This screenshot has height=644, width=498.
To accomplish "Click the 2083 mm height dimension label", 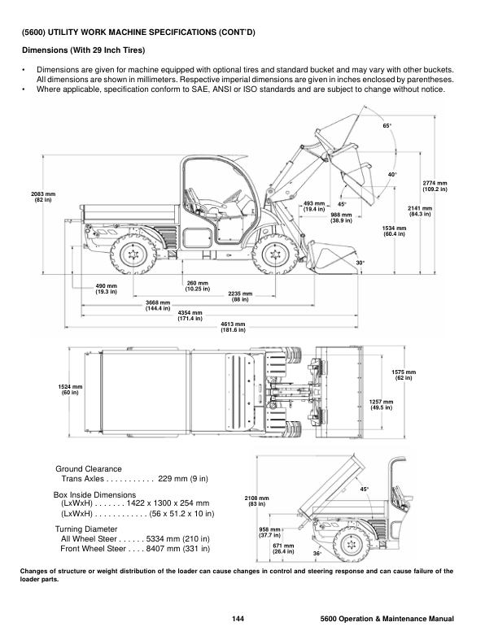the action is [x=43, y=197].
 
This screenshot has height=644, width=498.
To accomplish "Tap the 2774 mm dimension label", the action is [x=435, y=186].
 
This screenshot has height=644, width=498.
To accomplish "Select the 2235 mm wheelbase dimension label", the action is [x=240, y=297].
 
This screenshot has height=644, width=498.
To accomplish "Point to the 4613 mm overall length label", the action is [x=233, y=327].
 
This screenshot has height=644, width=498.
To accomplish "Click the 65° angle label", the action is [x=387, y=126].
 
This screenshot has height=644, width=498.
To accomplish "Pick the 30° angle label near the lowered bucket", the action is [x=360, y=263].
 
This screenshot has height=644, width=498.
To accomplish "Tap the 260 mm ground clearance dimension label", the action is [x=198, y=286].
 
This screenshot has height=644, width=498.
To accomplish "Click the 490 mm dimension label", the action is [x=107, y=289].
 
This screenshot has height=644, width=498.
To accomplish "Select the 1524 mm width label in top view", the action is [x=70, y=389].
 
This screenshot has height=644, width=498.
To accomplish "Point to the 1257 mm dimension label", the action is [x=381, y=405].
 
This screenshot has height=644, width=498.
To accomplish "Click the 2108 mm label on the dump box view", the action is [x=257, y=501].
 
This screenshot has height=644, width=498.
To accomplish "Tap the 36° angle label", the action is [x=317, y=553].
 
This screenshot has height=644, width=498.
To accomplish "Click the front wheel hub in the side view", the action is [x=274, y=255].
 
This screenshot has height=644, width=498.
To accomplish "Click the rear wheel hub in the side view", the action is [x=133, y=255].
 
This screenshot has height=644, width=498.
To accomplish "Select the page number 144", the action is [x=238, y=619].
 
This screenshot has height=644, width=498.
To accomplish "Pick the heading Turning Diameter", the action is [x=86, y=529].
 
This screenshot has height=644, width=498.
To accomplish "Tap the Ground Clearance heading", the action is [x=89, y=468].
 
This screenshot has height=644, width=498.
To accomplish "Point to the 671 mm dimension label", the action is [x=283, y=549].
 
